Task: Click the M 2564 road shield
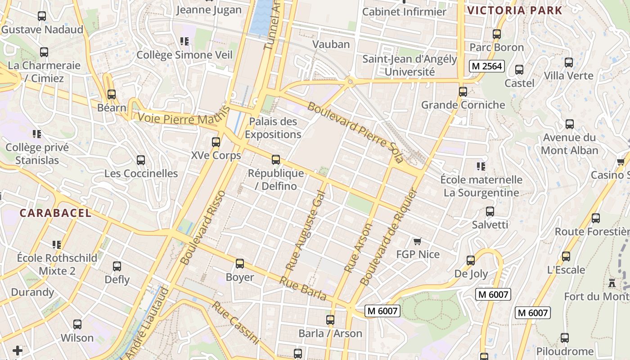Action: [x=486, y=67]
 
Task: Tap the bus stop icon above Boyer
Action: [x=240, y=264]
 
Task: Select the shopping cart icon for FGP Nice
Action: [x=417, y=242]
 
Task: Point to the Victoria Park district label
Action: [x=515, y=10]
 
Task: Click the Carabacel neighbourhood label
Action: [x=55, y=213]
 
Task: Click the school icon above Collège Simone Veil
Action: [x=184, y=41]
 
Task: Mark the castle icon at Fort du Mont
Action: [x=612, y=283]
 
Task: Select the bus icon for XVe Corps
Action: [x=216, y=142]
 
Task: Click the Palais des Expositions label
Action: [x=273, y=128]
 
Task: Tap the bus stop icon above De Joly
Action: [x=471, y=260]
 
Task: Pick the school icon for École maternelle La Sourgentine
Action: [x=481, y=166]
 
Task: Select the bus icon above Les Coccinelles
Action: [x=141, y=160]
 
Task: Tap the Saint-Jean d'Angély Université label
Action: [x=409, y=65]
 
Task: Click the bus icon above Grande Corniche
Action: [x=463, y=92]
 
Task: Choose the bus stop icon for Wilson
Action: [x=77, y=324]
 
